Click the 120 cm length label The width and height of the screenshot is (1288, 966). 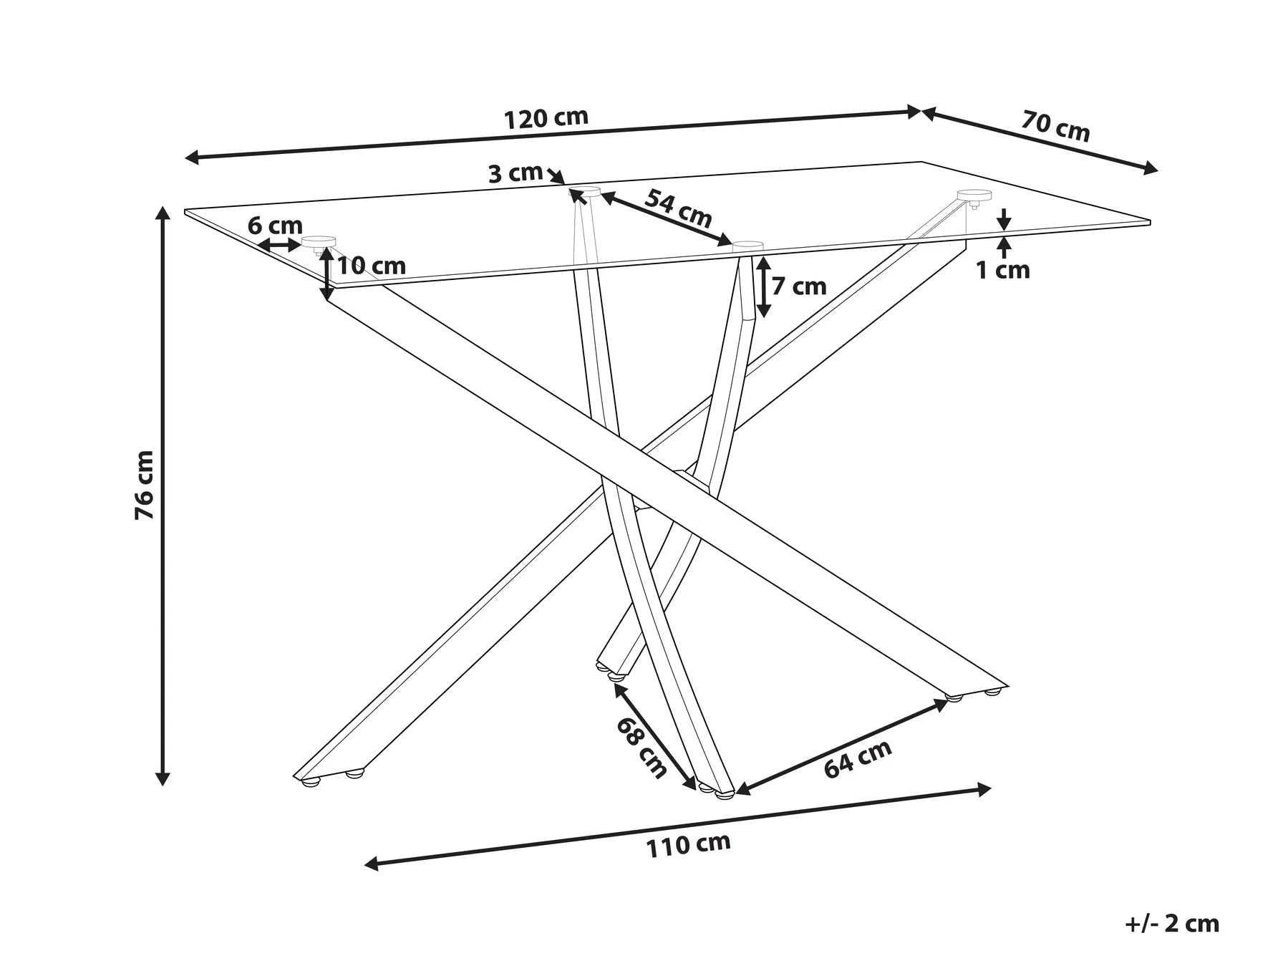pyautogui.click(x=546, y=118)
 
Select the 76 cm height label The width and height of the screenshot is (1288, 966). pyautogui.click(x=145, y=485)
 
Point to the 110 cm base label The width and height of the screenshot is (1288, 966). pyautogui.click(x=688, y=845)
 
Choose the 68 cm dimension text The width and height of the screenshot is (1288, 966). pyautogui.click(x=641, y=747)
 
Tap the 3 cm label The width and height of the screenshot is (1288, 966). pyautogui.click(x=515, y=173)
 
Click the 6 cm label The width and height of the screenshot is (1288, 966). pyautogui.click(x=275, y=226)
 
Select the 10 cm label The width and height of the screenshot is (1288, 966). pyautogui.click(x=371, y=266)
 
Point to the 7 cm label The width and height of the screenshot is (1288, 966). pyautogui.click(x=799, y=286)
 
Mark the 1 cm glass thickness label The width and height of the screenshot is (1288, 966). pyautogui.click(x=1003, y=270)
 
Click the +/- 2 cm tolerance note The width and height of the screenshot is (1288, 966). pyautogui.click(x=1172, y=923)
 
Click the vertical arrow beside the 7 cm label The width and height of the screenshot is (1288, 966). pyautogui.click(x=764, y=286)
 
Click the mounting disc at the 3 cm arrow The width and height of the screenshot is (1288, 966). pyautogui.click(x=585, y=191)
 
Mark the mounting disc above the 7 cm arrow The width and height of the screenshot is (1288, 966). pyautogui.click(x=748, y=246)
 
